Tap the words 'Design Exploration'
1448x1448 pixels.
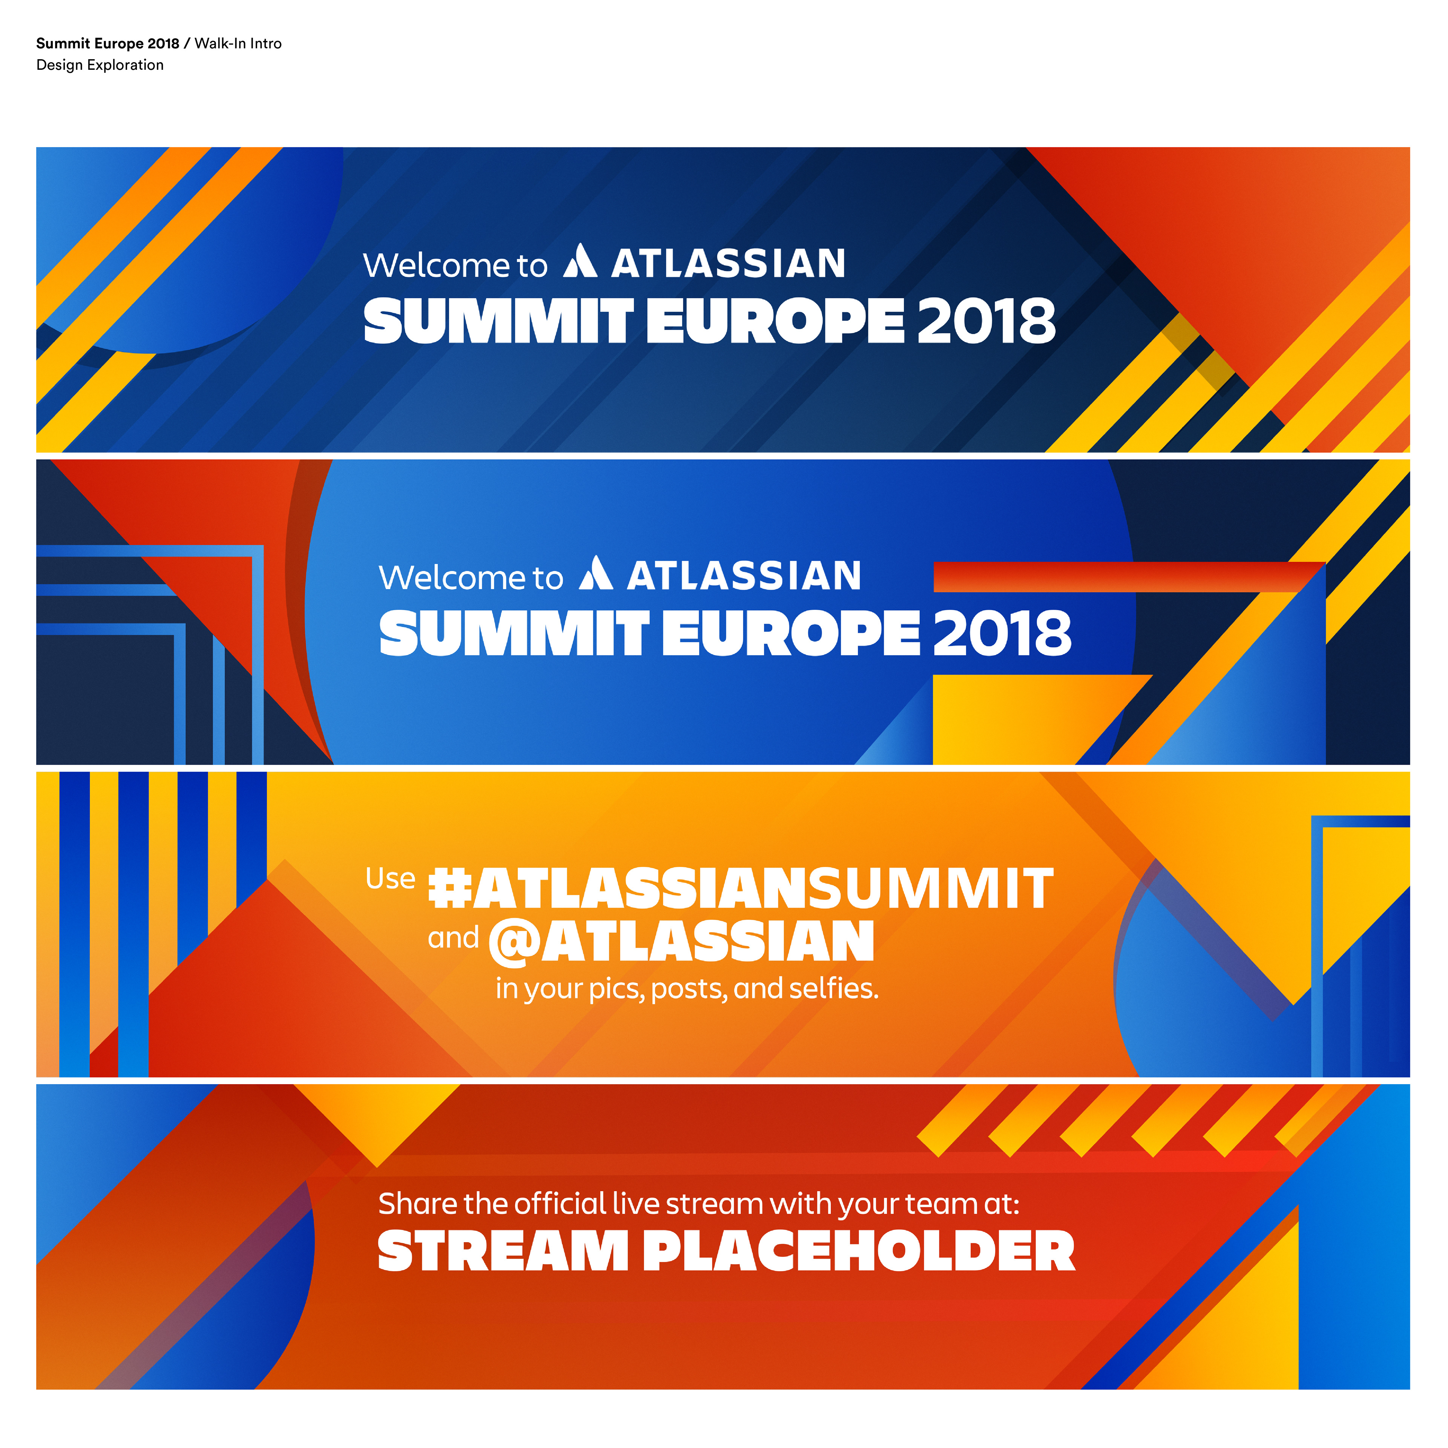pyautogui.click(x=100, y=65)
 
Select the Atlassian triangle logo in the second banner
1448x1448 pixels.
pyautogui.click(x=596, y=573)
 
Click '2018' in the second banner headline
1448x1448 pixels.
pyautogui.click(x=1002, y=633)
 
